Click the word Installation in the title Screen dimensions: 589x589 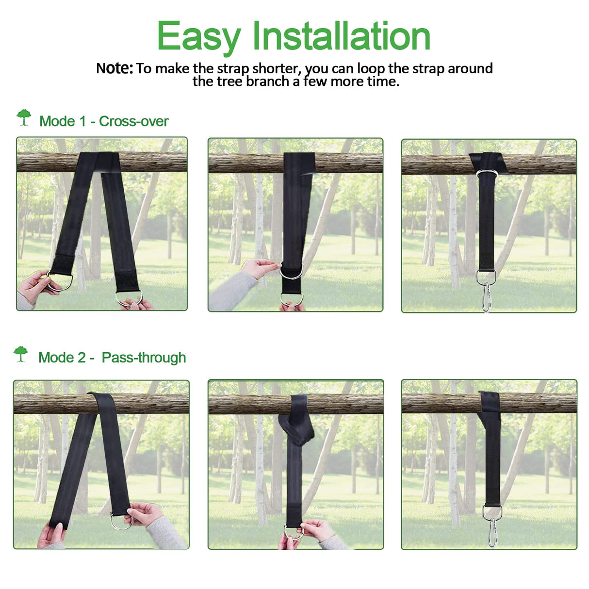click(x=341, y=36)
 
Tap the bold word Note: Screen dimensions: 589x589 click(x=114, y=68)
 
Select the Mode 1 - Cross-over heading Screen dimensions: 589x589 click(x=103, y=121)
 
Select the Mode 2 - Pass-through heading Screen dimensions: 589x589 click(x=112, y=358)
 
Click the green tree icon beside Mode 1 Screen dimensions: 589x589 click(x=24, y=117)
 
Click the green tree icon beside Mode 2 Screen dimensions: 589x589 click(x=21, y=354)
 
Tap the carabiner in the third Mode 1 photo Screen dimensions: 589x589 click(x=486, y=297)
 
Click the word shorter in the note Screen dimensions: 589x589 click(x=274, y=68)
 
